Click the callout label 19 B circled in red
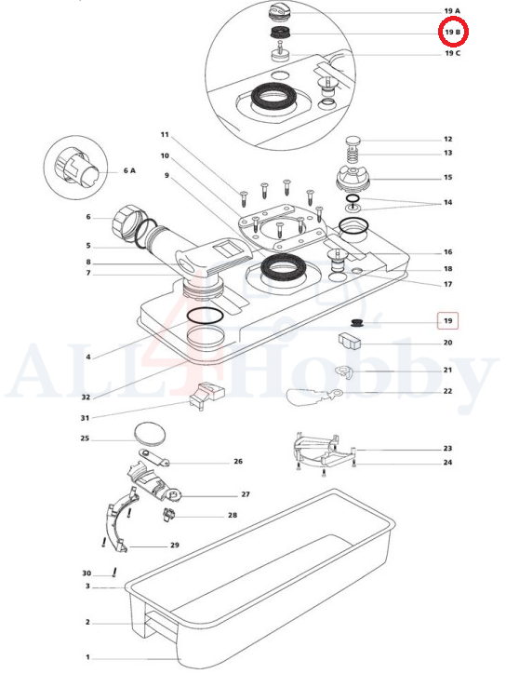(x=452, y=32)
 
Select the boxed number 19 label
(x=448, y=320)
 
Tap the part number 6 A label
(x=129, y=170)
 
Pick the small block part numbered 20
(x=350, y=341)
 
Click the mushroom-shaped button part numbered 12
(x=353, y=140)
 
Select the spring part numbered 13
(x=353, y=154)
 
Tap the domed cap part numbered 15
(x=353, y=179)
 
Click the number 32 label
(x=86, y=398)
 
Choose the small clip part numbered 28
(x=169, y=514)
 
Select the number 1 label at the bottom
(x=87, y=657)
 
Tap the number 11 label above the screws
(x=165, y=135)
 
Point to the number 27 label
(x=246, y=494)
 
